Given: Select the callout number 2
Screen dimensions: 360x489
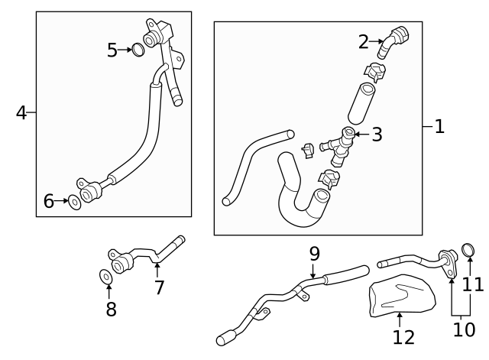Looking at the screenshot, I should tap(364, 42).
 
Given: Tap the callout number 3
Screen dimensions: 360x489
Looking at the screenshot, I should tap(377, 135).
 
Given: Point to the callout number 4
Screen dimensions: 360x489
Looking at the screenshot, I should tap(21, 113).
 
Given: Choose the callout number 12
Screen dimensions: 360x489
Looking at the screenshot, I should tap(403, 337).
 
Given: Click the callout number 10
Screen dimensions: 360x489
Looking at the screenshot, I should tap(462, 329).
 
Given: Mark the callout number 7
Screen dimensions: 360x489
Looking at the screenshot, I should tap(159, 287).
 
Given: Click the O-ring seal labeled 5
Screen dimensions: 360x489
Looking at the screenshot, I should tap(138, 50).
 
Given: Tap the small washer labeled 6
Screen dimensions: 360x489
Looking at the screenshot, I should tap(75, 202).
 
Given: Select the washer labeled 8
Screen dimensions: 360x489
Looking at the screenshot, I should tap(105, 275).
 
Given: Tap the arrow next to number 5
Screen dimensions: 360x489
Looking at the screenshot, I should tap(125, 50).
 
